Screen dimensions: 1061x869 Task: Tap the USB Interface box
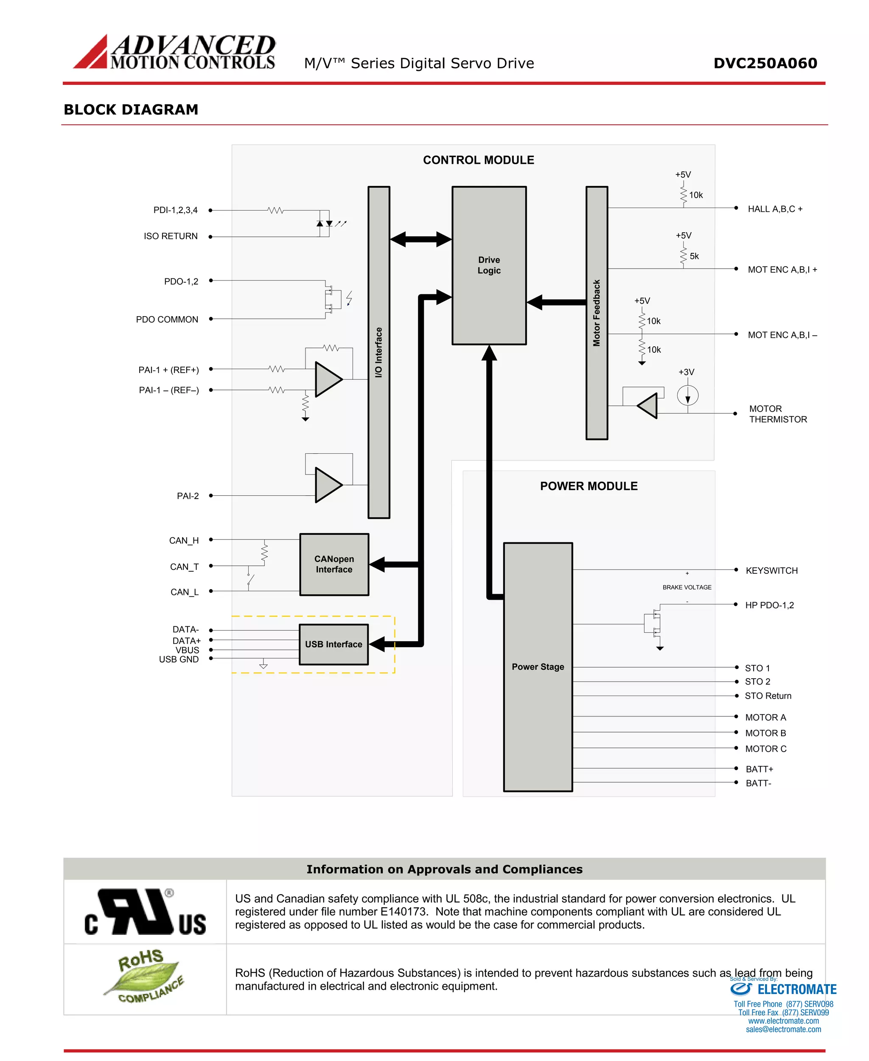(334, 644)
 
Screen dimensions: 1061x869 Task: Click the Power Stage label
(538, 666)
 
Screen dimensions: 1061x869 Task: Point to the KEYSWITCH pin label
(771, 570)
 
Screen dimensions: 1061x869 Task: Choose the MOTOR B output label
(765, 733)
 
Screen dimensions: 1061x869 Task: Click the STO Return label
(768, 696)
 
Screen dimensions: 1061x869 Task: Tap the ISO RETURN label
(171, 236)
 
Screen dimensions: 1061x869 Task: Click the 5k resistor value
(694, 256)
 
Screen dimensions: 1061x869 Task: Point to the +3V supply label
(686, 372)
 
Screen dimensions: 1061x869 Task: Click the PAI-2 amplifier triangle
(328, 485)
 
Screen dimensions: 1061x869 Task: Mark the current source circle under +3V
(688, 396)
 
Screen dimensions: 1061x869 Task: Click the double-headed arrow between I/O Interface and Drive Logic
(420, 239)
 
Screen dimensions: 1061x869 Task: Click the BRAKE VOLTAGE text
(687, 587)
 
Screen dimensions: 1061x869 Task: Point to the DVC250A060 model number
(765, 63)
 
